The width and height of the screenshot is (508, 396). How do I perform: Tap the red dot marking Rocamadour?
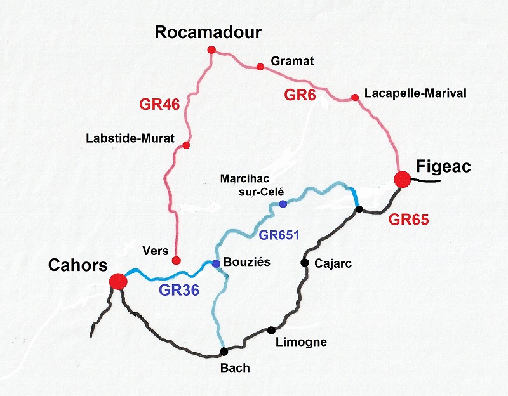[x=211, y=50]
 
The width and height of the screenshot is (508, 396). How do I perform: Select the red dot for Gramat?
[x=260, y=67]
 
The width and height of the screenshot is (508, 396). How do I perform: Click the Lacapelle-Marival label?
[x=415, y=93]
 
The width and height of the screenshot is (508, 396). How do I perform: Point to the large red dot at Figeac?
[x=401, y=180]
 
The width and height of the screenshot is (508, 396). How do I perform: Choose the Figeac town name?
[x=444, y=166]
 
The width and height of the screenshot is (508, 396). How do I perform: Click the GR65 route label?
[x=409, y=220]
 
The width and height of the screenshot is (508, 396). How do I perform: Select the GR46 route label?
[x=160, y=105]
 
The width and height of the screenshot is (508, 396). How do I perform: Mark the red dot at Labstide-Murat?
[x=186, y=145]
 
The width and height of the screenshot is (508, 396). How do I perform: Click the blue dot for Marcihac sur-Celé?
[x=283, y=204]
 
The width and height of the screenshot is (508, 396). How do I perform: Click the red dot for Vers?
[x=177, y=260]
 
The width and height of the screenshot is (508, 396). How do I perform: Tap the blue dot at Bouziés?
[x=216, y=263]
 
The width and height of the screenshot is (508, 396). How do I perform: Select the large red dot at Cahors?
[x=117, y=280]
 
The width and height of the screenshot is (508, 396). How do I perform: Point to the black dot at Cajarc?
[x=305, y=262]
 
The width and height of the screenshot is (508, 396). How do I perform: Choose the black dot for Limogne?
[x=271, y=329]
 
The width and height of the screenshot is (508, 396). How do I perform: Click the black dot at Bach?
[x=224, y=352]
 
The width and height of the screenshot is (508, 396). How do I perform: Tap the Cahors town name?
[x=78, y=265]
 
